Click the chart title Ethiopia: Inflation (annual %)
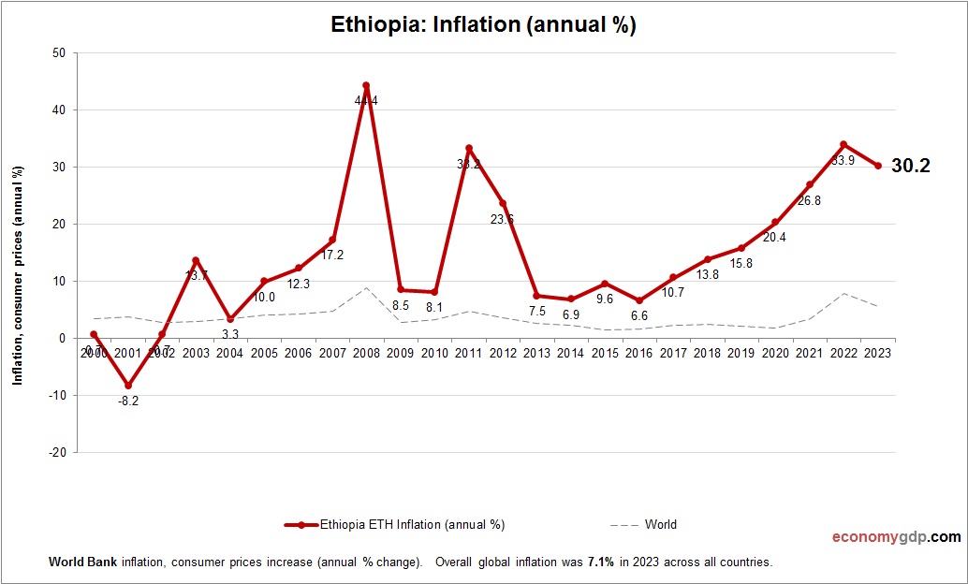483,24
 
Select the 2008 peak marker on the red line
366,85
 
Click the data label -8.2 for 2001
128,401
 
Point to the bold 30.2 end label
911,166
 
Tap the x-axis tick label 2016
638,353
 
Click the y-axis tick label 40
58,109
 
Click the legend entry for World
660,524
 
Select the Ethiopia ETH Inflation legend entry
412,524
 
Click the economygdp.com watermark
896,537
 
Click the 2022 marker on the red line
843,144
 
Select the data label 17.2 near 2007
332,255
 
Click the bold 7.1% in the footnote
600,562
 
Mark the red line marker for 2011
468,149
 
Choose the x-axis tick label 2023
877,353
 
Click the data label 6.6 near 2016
638,316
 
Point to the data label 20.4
773,237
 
